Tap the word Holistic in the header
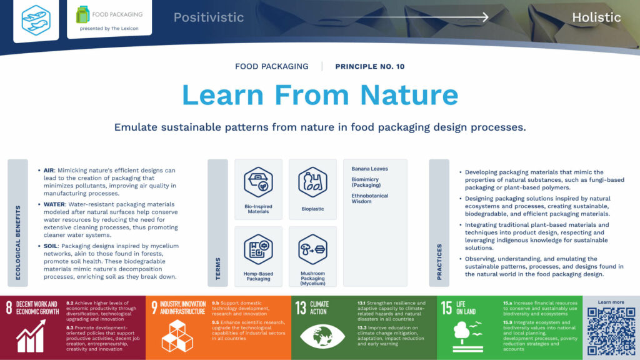click(596, 17)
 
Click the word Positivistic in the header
click(209, 17)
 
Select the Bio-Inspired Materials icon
click(258, 182)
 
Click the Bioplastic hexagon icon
click(312, 182)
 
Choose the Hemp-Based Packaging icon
click(258, 249)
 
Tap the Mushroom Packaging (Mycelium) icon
click(312, 249)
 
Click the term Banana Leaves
click(369, 169)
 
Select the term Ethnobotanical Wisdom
click(369, 199)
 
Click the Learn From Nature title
click(320, 94)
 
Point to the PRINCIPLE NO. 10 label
click(370, 66)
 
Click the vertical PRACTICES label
click(439, 261)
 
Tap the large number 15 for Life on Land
click(446, 307)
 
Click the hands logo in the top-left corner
click(36, 19)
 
